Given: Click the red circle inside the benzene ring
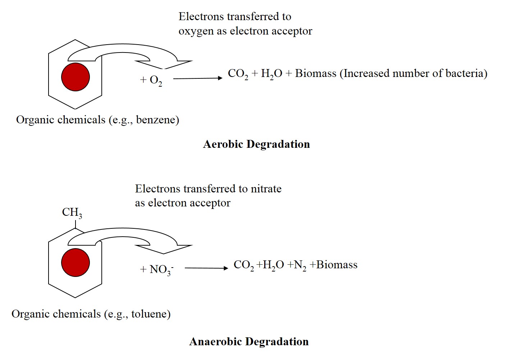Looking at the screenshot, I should (x=76, y=77).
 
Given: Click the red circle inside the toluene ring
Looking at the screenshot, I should (x=76, y=262).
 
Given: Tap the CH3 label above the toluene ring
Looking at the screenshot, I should (x=72, y=213).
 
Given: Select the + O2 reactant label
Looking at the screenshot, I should (x=151, y=80).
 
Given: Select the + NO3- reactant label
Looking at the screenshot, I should (x=157, y=269).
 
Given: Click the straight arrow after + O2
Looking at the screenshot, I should (x=198, y=78).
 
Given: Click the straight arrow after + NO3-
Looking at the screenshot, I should (x=206, y=268).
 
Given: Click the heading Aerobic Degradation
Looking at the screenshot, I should (x=256, y=144).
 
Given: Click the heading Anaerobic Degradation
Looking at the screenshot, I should (x=249, y=341).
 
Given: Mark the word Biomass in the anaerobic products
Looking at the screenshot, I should (x=337, y=265).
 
